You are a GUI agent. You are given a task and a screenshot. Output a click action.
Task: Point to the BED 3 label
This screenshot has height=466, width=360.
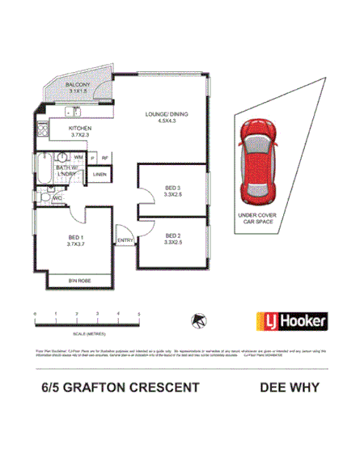point(172,186)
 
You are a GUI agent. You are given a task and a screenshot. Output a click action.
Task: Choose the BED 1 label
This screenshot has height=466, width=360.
point(78,238)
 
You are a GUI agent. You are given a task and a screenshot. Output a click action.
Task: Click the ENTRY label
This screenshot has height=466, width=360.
point(125,239)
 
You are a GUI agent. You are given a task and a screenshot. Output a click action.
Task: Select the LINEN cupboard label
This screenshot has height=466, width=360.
point(100,174)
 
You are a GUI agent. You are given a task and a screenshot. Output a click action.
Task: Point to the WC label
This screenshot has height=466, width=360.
point(57,197)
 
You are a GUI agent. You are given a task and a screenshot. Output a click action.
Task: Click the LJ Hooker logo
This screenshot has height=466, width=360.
point(291,321)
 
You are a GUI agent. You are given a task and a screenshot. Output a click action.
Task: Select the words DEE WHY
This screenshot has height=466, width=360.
point(288,387)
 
